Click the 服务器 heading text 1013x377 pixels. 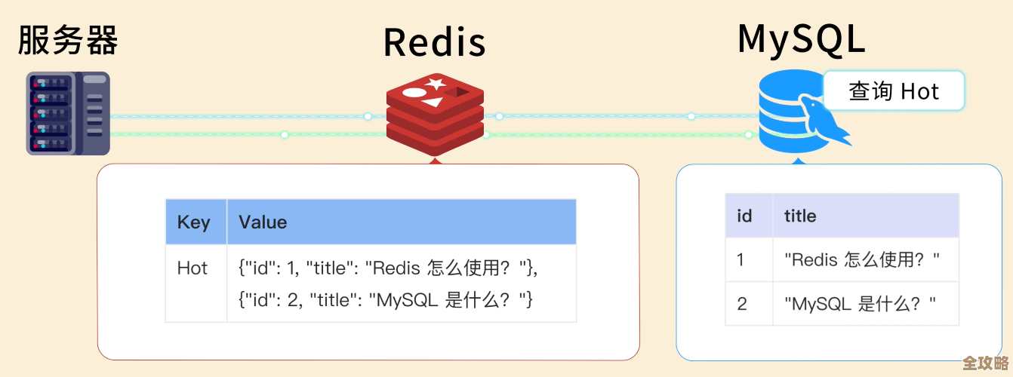pos(68,40)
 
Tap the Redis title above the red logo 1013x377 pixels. pos(434,42)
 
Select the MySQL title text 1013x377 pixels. pos(801,38)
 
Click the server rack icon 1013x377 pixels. pos(68,113)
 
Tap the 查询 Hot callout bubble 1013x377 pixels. pos(894,92)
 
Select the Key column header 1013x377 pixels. pos(194,222)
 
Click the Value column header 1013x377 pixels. pos(263,222)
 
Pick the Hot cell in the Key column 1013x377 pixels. pos(192,268)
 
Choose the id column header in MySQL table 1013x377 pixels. pos(744,216)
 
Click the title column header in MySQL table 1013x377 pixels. pos(800,216)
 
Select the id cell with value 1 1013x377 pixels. pos(741,260)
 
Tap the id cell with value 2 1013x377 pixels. pos(742,304)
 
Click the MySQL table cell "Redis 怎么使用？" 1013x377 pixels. pos(862,260)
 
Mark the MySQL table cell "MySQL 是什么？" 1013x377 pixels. pos(861,304)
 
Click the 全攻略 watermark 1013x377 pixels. pos(986,363)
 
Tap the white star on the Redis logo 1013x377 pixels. pos(435,84)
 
